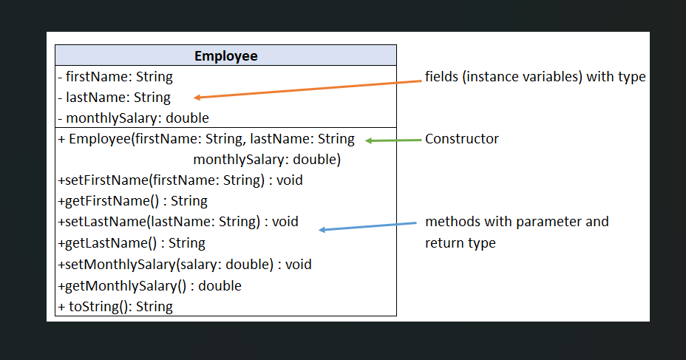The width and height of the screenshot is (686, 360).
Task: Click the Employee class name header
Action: click(225, 55)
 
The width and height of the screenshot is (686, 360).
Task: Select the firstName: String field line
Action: click(115, 76)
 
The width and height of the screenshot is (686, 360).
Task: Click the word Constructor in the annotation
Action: click(461, 139)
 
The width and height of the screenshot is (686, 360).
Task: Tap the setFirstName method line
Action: click(180, 180)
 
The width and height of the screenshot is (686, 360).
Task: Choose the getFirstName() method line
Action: click(132, 201)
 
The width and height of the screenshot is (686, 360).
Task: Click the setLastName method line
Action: click(177, 222)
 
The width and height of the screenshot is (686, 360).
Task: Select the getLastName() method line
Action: click(131, 242)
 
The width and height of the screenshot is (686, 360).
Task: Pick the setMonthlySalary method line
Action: click(184, 264)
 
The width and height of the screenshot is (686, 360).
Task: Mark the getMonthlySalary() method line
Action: click(149, 285)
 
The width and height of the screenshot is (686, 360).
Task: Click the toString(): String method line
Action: click(115, 306)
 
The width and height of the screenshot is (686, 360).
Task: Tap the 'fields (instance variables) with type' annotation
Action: click(535, 76)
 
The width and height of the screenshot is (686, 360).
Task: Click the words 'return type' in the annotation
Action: click(460, 242)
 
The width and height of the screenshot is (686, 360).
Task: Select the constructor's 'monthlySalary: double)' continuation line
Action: click(267, 159)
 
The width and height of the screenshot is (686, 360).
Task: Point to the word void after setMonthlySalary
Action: click(299, 264)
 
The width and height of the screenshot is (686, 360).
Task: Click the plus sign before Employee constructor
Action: click(61, 139)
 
